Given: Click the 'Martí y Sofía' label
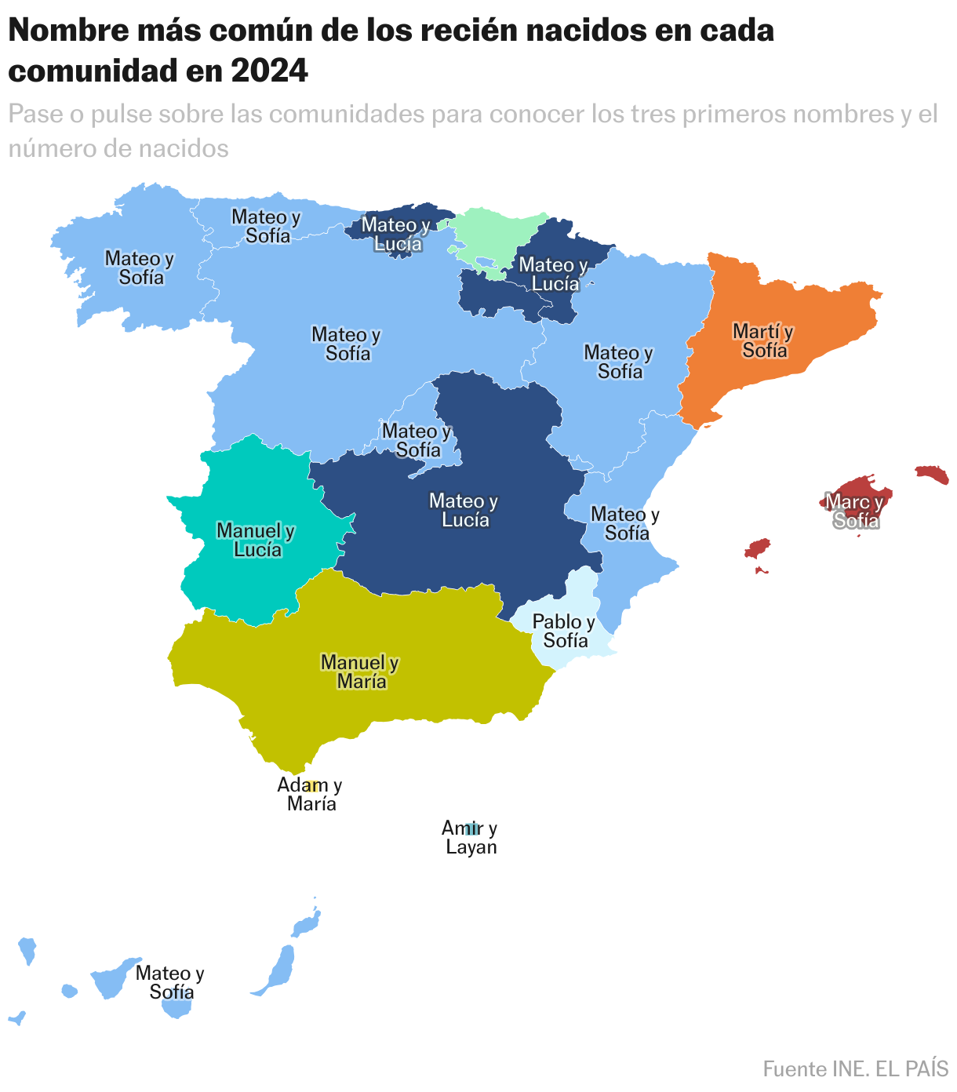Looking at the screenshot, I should coord(763,341).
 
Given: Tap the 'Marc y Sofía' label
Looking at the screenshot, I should coord(856,511).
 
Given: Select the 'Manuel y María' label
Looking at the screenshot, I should coord(361,672).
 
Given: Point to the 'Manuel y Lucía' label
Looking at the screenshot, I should coord(257,541).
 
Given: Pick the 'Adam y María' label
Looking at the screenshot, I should coord(311,795).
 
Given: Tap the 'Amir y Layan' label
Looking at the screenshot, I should coord(470,838).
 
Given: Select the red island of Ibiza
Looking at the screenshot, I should coord(758,548).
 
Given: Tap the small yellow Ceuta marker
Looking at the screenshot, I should coord(311,785).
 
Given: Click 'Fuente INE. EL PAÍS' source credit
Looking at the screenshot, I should coord(855,1068).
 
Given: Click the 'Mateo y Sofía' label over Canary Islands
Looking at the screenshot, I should coord(170,983).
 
